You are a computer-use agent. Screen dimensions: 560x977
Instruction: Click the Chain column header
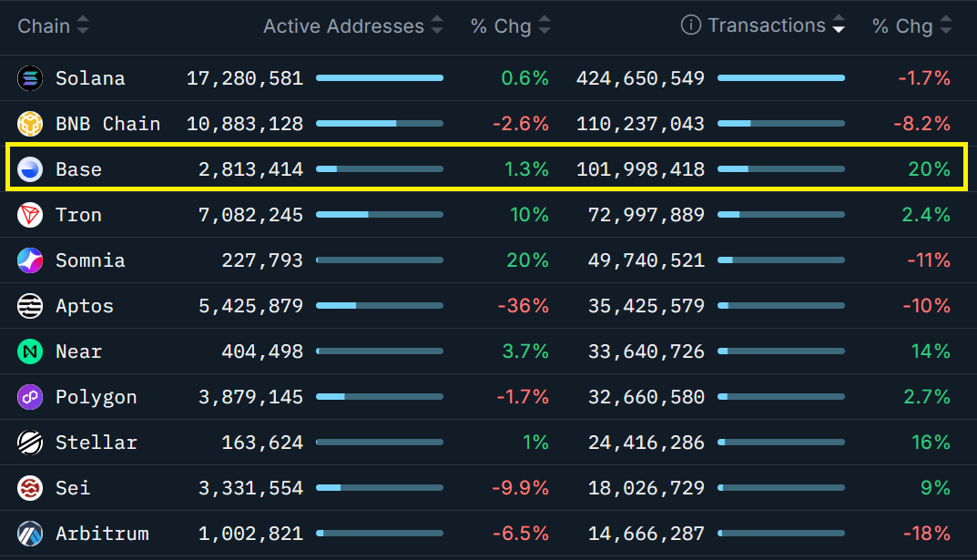44,25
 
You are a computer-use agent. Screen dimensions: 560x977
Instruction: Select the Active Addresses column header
343,26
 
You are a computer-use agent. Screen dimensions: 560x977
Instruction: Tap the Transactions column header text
767,25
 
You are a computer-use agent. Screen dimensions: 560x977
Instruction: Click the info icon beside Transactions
691,25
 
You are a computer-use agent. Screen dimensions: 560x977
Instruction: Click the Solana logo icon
30,78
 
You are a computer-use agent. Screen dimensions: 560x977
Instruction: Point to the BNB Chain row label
107,124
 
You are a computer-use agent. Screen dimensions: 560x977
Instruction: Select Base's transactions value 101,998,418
640,169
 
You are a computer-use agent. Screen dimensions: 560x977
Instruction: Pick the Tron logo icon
30,215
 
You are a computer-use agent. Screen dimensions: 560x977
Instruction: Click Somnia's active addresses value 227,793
262,260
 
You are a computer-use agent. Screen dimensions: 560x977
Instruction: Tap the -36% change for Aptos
523,306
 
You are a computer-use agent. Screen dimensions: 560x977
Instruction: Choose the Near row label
78,351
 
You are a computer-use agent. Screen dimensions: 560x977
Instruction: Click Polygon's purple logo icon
30,397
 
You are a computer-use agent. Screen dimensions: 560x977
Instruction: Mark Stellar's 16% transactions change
931,443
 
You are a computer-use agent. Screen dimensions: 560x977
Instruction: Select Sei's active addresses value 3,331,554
250,488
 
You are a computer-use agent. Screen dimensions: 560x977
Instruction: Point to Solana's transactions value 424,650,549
640,78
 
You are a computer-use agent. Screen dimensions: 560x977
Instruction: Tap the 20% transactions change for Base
929,169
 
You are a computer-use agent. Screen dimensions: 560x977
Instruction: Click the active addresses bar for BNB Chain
379,123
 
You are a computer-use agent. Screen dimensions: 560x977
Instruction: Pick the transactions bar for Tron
780,214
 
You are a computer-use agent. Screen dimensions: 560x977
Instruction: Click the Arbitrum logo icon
30,534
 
